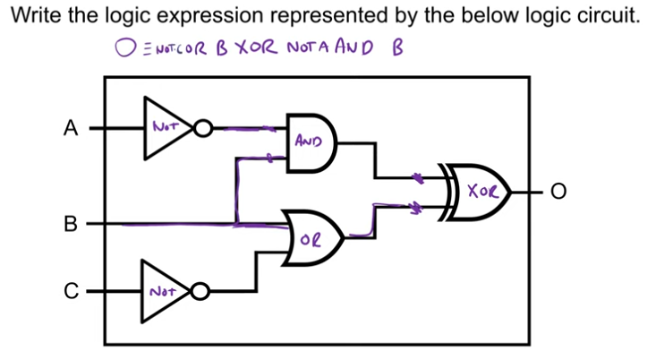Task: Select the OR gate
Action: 311,238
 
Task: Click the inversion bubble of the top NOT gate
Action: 203,130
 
